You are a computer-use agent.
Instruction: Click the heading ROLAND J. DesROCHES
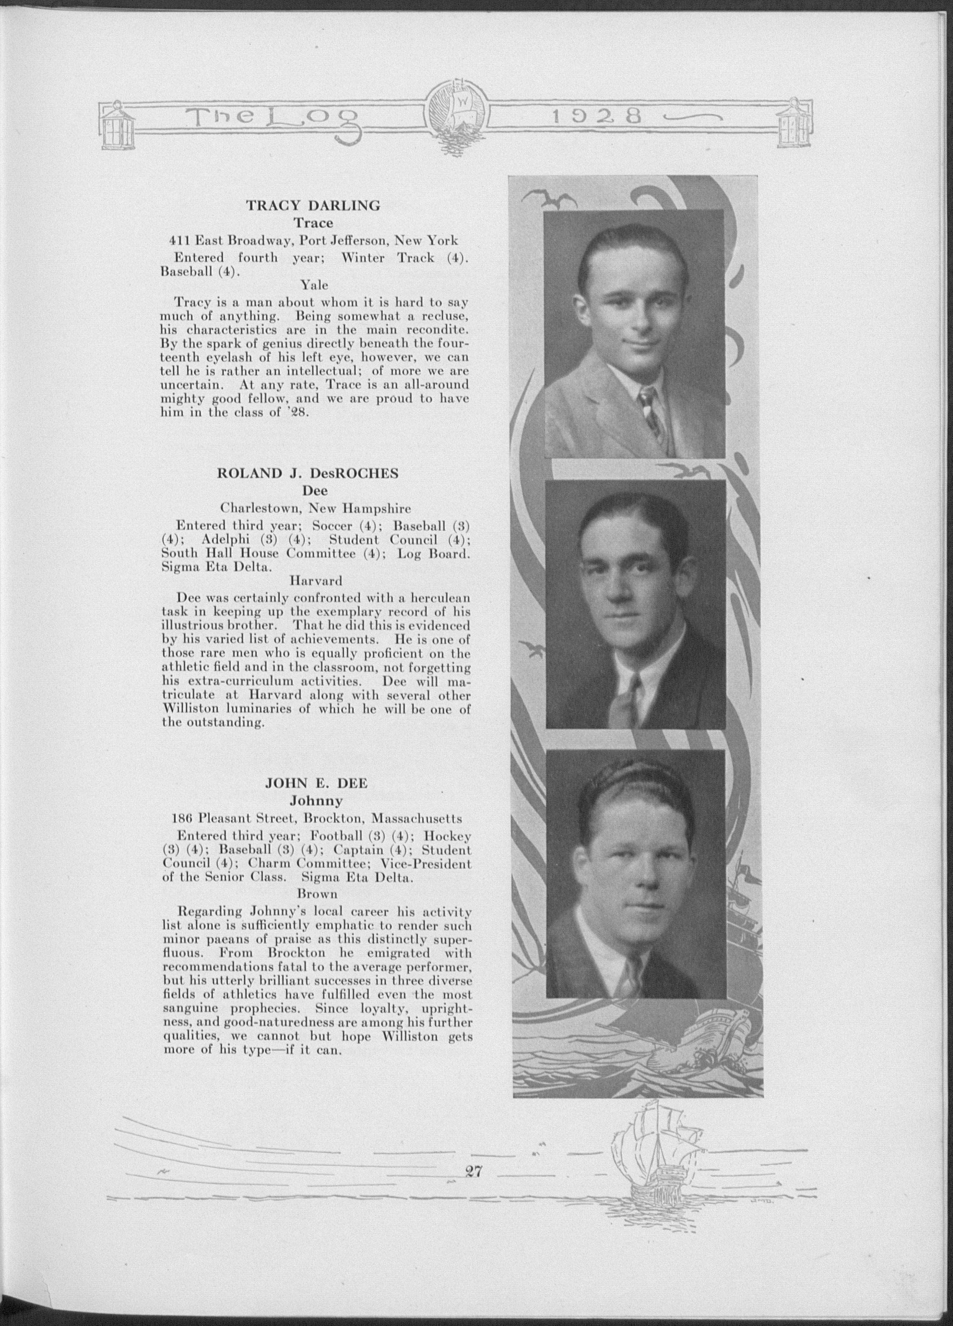pyautogui.click(x=307, y=474)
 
